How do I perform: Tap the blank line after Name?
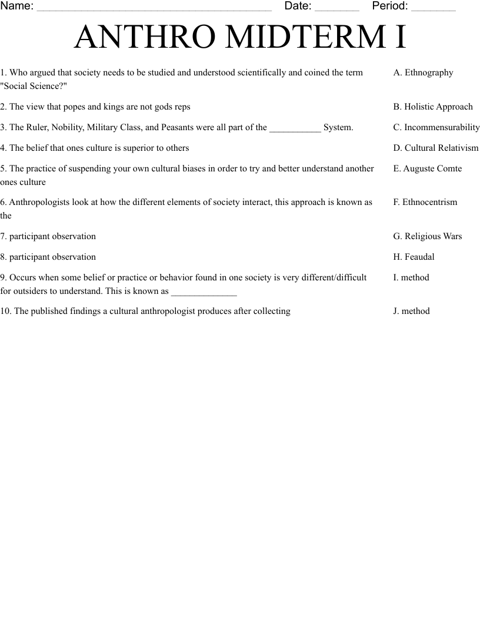154,8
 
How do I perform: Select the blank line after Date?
336,8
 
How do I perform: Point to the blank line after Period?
433,8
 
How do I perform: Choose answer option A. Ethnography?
423,72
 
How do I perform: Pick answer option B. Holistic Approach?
433,107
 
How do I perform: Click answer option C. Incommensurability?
436,127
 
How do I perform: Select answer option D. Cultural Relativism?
436,148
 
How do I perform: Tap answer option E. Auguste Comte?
428,168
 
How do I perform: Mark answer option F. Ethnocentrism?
425,202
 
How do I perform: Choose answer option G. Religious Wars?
428,236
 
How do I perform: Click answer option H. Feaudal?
414,257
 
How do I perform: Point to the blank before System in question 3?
295,128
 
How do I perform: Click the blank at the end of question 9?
204,292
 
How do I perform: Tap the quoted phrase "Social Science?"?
34,86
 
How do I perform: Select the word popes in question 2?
74,107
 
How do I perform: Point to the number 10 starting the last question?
5,311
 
